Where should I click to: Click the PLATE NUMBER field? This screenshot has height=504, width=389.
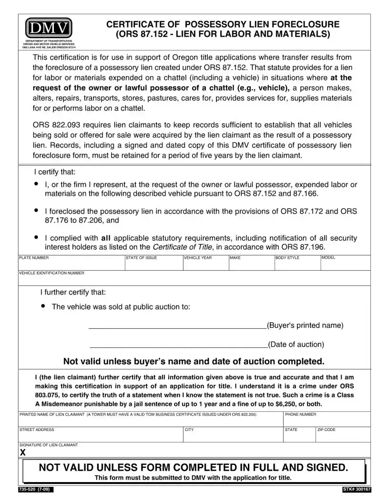coord(71,264)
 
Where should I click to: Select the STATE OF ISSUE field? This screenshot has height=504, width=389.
coord(154,264)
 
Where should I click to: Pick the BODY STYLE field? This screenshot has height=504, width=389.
coord(297,264)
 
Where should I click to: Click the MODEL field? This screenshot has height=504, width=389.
coord(345,264)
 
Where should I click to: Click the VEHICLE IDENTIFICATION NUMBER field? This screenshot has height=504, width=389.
coord(194,279)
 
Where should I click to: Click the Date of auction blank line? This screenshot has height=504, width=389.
coord(178,345)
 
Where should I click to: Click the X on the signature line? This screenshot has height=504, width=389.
coord(22,452)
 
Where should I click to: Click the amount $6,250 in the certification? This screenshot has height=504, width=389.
coord(286,403)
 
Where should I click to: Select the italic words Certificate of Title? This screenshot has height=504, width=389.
coord(182,247)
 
